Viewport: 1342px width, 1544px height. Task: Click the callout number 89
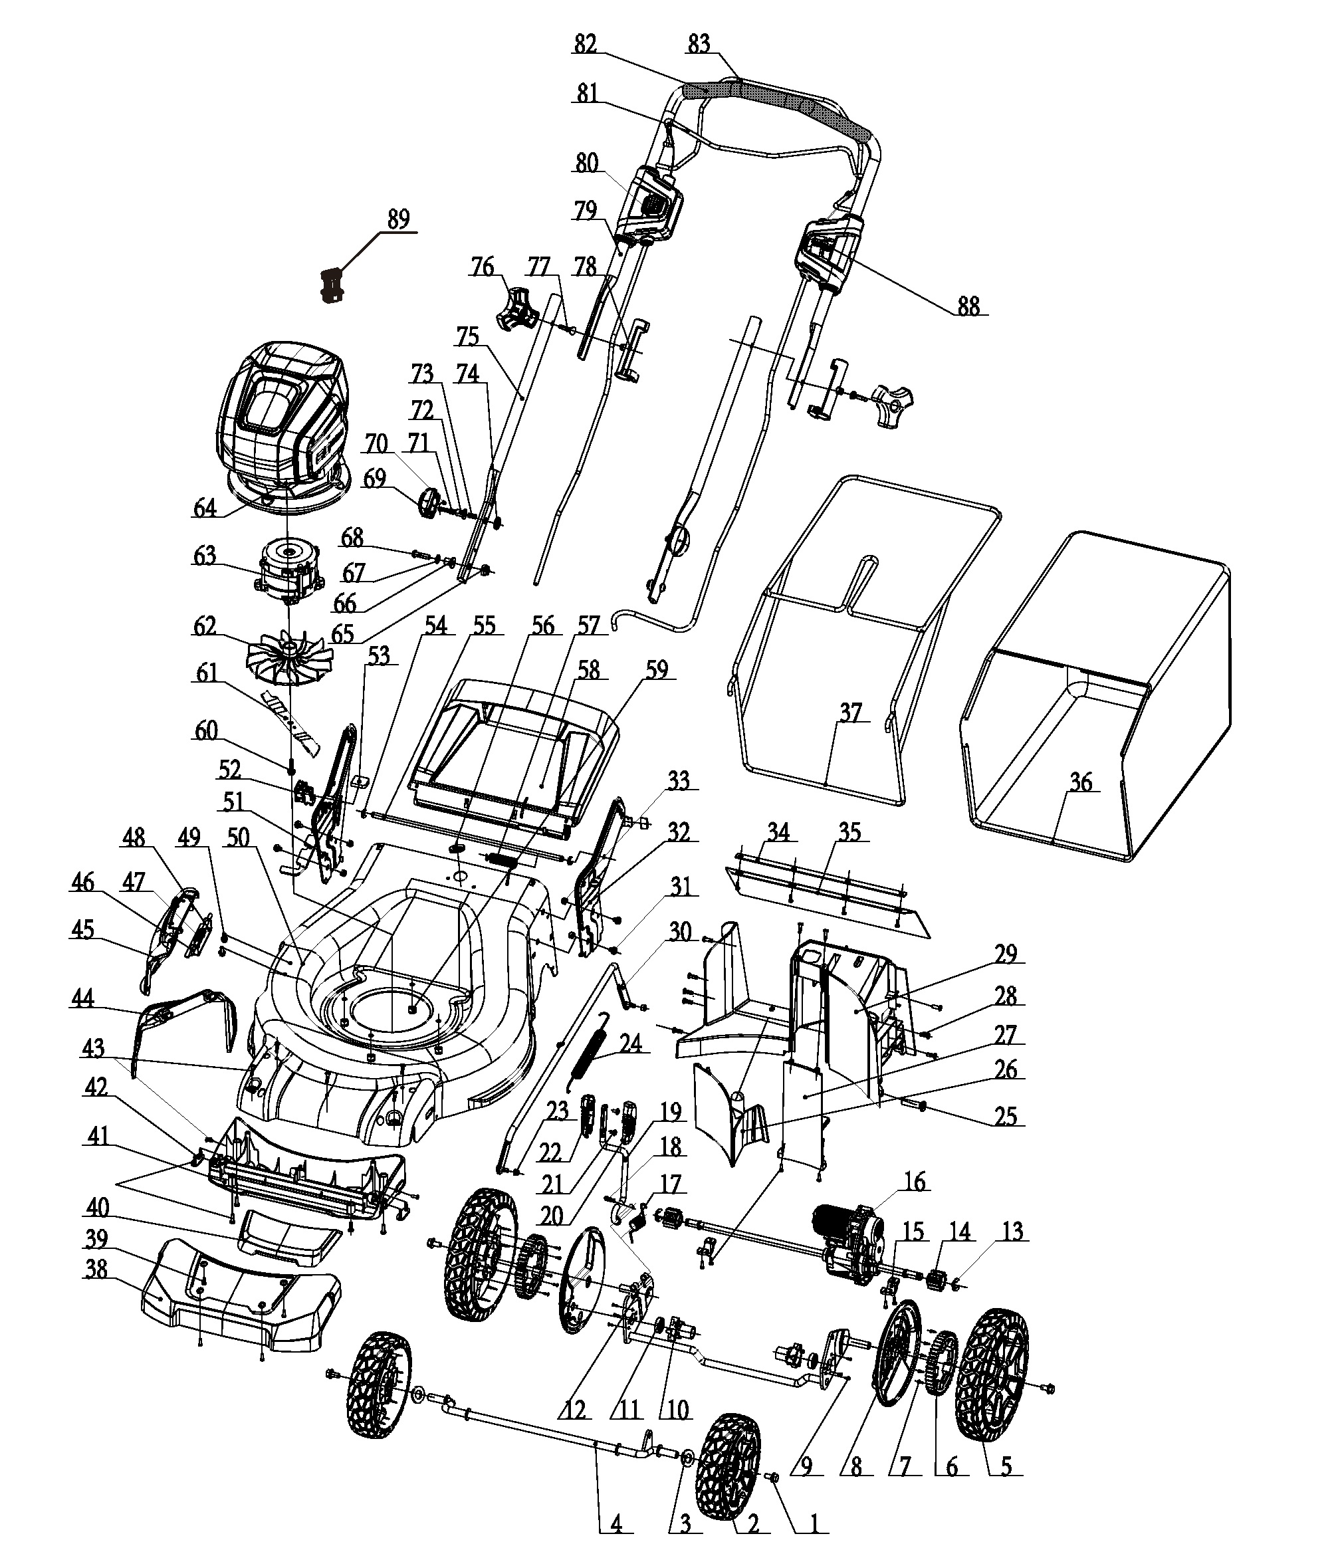click(398, 220)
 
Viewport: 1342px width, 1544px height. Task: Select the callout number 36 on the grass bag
click(1081, 782)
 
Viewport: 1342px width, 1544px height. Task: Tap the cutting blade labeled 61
click(289, 722)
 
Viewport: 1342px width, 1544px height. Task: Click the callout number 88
click(968, 306)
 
